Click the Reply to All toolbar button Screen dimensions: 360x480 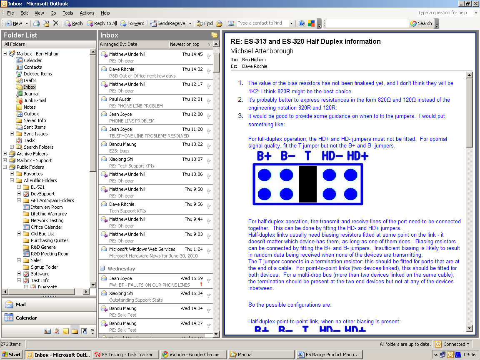[x=102, y=23]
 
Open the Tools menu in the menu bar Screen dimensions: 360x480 [x=67, y=13]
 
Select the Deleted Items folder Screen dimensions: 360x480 [x=37, y=74]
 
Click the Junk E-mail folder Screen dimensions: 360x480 [x=35, y=100]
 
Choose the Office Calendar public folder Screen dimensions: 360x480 [x=46, y=227]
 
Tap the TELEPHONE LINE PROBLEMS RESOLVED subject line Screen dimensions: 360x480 [x=149, y=136]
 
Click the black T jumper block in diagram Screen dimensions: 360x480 [x=307, y=184]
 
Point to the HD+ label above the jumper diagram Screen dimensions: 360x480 [x=357, y=156]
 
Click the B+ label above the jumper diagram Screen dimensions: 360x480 [x=264, y=156]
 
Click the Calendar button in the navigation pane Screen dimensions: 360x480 [x=26, y=318]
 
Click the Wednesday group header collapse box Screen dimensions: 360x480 [x=102, y=269]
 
